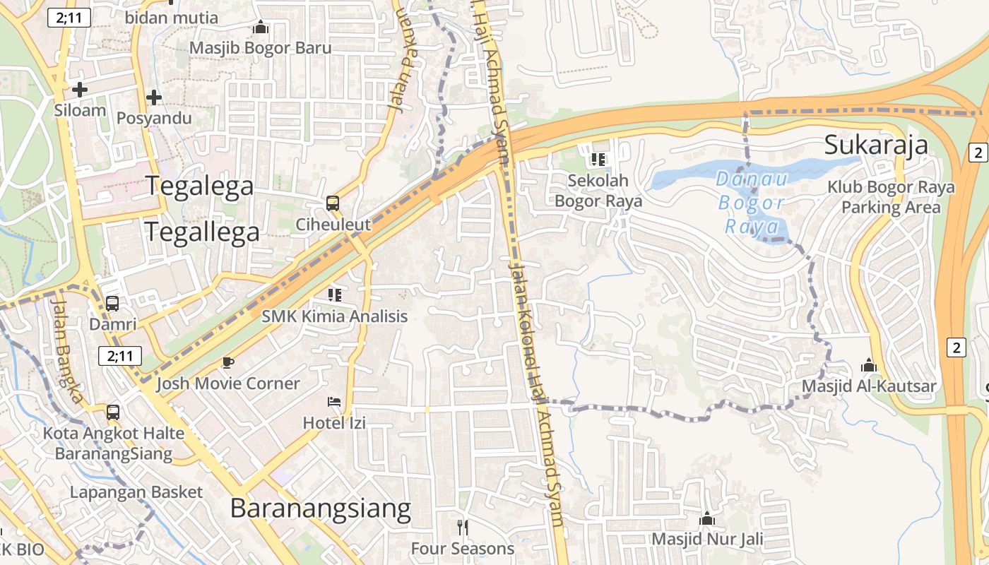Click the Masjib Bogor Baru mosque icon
click(261, 28)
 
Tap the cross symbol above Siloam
click(80, 90)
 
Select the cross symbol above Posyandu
click(154, 97)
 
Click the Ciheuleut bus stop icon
click(333, 203)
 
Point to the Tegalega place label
click(200, 186)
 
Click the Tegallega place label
click(202, 231)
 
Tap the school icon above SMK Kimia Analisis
click(335, 295)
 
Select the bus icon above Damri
click(112, 304)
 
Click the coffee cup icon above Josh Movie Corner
click(227, 362)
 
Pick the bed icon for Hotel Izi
click(334, 403)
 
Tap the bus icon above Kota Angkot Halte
click(113, 412)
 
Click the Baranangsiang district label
click(320, 509)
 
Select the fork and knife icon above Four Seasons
click(463, 527)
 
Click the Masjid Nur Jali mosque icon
click(707, 519)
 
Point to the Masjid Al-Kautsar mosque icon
click(869, 365)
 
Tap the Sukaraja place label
click(876, 145)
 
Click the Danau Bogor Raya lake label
click(752, 203)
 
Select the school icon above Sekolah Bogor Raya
click(598, 160)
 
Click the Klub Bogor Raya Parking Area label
click(891, 197)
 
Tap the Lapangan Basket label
click(136, 492)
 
